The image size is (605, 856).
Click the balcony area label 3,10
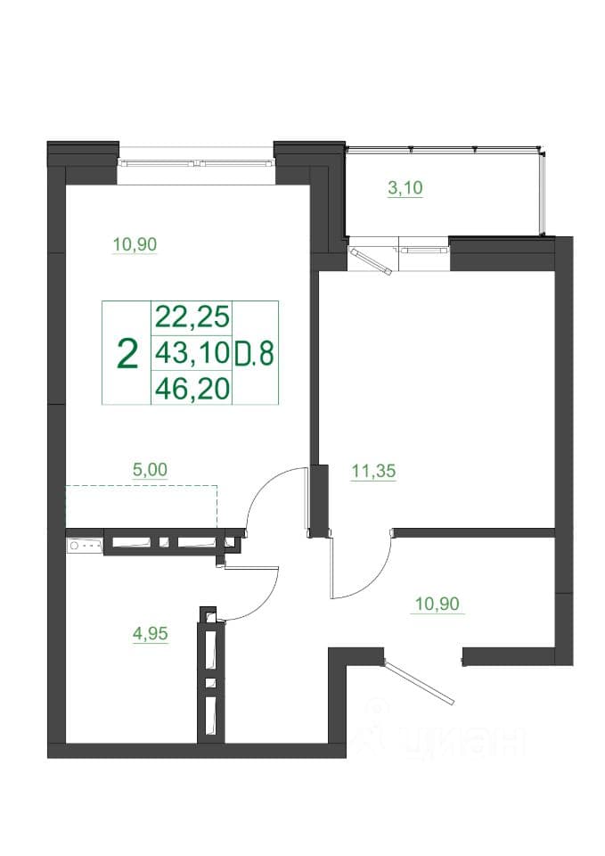click(405, 188)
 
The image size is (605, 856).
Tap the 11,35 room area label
click(373, 471)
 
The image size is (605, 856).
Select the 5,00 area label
click(150, 470)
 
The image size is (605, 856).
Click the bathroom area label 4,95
click(150, 634)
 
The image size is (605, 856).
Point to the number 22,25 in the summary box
click(192, 317)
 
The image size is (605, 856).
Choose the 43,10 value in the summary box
click(192, 353)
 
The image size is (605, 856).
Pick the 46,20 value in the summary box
click(192, 389)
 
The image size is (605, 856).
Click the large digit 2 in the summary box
click(127, 354)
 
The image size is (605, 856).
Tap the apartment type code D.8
click(254, 354)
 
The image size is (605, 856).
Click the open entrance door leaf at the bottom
click(419, 682)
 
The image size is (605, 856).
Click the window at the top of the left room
click(196, 162)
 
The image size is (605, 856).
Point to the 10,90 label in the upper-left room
click(135, 244)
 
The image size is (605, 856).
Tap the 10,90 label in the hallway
click(437, 605)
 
